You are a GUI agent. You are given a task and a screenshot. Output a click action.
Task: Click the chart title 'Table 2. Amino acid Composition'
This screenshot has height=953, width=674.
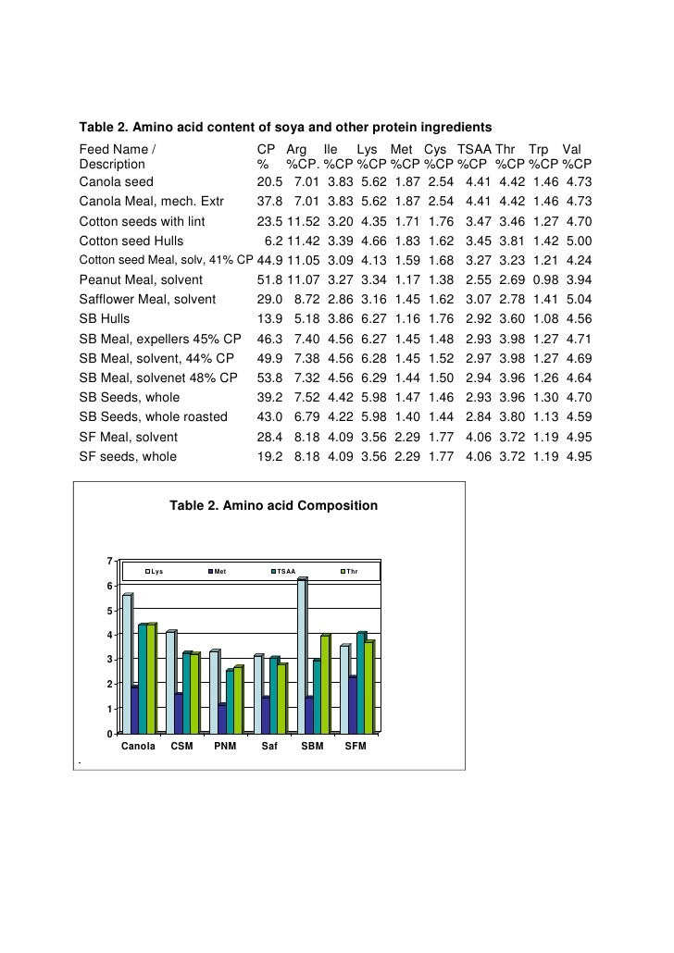click(x=273, y=506)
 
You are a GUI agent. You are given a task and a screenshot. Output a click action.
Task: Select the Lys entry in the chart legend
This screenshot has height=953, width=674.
click(x=157, y=572)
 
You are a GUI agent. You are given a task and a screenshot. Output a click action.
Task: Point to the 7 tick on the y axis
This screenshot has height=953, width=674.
click(x=110, y=562)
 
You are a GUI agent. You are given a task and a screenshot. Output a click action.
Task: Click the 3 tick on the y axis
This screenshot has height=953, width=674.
click(x=110, y=659)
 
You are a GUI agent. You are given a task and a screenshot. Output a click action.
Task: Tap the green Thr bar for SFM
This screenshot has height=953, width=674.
click(x=368, y=686)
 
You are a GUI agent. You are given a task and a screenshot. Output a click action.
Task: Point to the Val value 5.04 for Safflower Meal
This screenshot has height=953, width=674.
click(x=577, y=299)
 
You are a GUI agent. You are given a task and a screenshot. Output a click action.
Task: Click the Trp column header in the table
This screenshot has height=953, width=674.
click(x=538, y=150)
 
